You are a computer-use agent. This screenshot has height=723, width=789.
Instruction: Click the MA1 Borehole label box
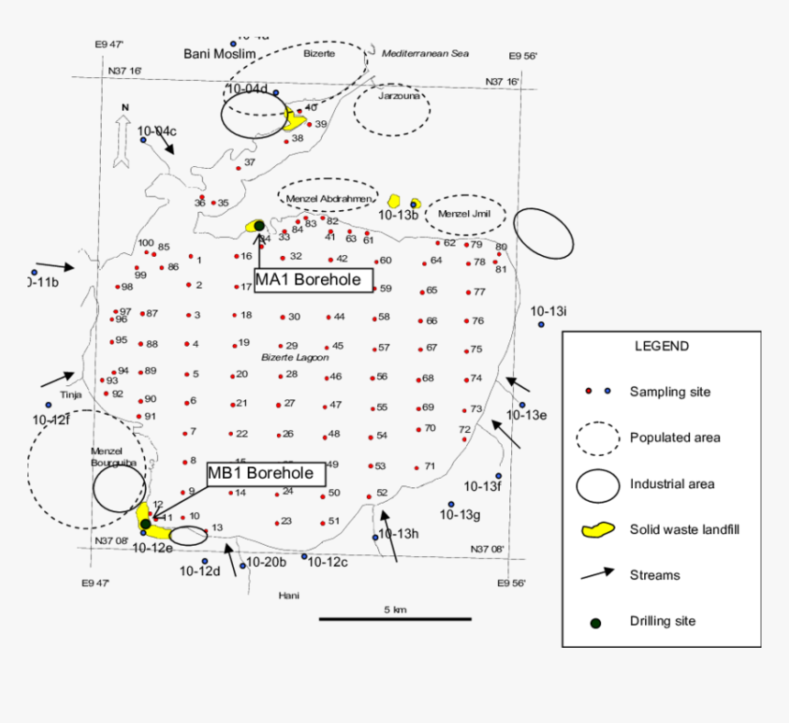click(x=314, y=280)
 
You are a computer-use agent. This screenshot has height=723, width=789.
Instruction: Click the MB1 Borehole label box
click(x=265, y=474)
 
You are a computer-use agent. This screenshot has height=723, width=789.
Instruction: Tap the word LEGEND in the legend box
click(x=661, y=346)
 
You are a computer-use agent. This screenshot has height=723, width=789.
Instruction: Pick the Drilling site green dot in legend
click(x=595, y=622)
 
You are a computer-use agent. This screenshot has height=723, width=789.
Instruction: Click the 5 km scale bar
click(x=395, y=618)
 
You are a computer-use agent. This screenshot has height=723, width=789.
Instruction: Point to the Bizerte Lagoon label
click(x=294, y=357)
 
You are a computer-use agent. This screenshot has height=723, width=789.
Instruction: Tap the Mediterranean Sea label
click(x=425, y=53)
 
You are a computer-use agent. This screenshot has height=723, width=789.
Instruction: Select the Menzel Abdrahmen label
click(x=328, y=198)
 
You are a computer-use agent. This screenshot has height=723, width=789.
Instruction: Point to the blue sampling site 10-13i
click(x=541, y=324)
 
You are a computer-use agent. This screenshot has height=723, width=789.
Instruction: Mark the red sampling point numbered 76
click(x=466, y=321)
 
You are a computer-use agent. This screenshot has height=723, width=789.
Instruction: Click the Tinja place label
click(x=71, y=395)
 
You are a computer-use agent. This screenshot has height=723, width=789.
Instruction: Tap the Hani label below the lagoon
click(x=289, y=595)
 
